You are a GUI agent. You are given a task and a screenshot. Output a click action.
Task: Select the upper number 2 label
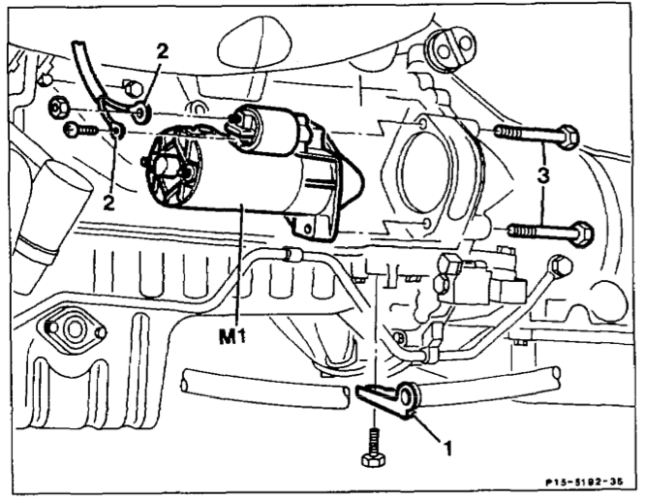pyautogui.click(x=162, y=54)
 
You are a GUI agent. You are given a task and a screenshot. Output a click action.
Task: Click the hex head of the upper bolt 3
pyautogui.click(x=569, y=137)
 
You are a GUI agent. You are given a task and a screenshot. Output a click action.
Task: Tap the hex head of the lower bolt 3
pyautogui.click(x=580, y=233)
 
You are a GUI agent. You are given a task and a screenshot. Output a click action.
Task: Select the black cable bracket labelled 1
pyautogui.click(x=386, y=397)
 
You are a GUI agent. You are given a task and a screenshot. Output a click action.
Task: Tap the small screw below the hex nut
pyautogui.click(x=77, y=127)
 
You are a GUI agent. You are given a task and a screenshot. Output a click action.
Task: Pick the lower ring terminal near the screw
pyautogui.click(x=116, y=129)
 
